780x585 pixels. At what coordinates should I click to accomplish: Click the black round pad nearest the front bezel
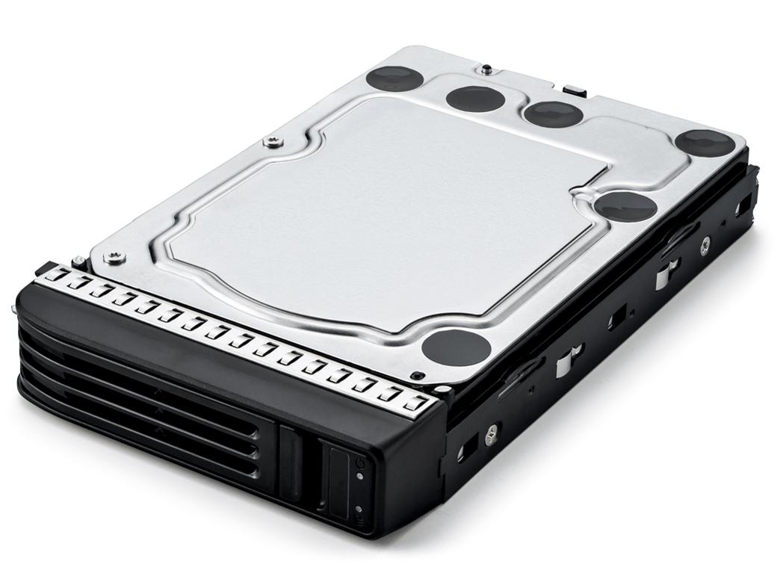coord(456,347)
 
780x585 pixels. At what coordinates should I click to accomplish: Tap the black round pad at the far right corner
coord(705,142)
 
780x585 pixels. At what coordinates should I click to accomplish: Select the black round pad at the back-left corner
coord(395,78)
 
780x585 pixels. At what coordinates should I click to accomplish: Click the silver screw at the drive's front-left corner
coord(114,258)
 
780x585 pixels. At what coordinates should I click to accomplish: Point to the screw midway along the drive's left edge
coord(273,141)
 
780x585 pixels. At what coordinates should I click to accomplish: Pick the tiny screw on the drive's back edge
coord(486,69)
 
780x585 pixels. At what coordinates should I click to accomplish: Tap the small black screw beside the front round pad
coord(418,375)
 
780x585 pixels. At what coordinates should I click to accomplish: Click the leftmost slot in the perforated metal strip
coord(54,276)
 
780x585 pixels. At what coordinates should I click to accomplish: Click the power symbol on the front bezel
coord(361,463)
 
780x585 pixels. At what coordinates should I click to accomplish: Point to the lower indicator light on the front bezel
coord(359,509)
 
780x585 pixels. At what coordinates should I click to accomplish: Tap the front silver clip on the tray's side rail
coord(569,360)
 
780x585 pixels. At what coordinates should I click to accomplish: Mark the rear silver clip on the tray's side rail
coord(666,273)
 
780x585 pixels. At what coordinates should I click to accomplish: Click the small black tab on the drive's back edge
coord(575,91)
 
